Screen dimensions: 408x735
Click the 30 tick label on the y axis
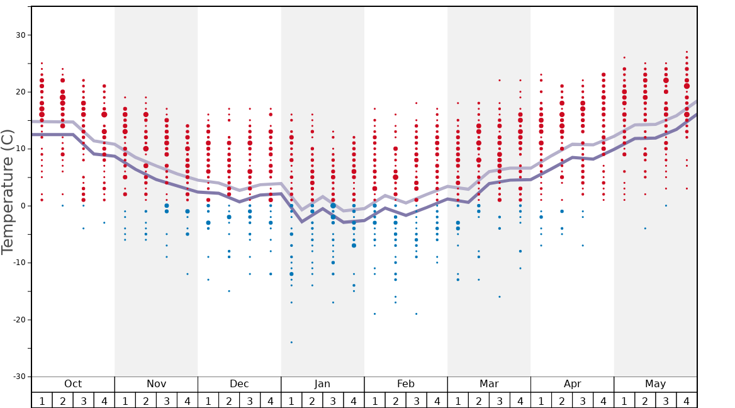pos(20,35)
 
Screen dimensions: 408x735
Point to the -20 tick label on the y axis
pos(17,320)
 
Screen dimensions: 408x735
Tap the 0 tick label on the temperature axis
pos(22,206)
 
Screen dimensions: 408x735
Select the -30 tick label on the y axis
pos(17,377)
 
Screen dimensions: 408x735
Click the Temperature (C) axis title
pos(8,191)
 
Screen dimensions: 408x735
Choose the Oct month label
pos(73,384)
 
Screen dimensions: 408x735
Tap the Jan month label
pos(322,384)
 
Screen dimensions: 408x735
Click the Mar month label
pos(489,384)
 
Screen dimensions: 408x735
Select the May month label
pos(655,384)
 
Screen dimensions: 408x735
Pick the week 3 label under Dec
pos(250,400)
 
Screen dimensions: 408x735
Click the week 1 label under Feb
pos(374,400)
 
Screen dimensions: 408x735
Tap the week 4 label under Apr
pos(603,400)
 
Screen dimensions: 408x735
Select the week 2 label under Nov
pos(146,400)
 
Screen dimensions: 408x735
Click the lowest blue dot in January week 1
pos(291,343)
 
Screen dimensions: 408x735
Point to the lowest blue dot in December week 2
pos(229,291)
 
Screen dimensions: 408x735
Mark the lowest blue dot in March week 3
pos(500,297)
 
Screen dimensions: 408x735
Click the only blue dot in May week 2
pos(645,229)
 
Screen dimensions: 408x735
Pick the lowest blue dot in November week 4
pos(188,274)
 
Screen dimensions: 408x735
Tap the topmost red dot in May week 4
pos(687,52)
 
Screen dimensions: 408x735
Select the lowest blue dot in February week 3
pos(416,314)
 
